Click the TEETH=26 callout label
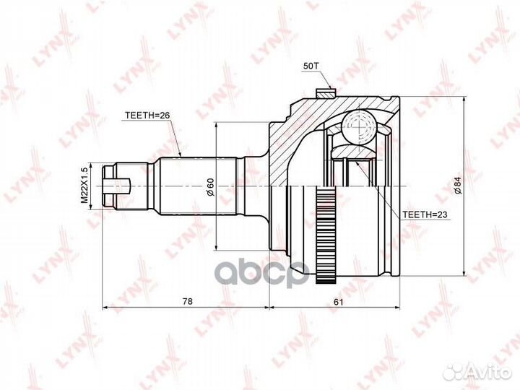(x=147, y=115)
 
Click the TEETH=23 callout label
(x=425, y=214)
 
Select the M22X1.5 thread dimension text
(x=84, y=186)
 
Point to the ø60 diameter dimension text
(x=210, y=187)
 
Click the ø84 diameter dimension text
(x=459, y=186)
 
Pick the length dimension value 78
(x=187, y=301)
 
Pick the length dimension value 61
(x=338, y=302)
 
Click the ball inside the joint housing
(x=359, y=128)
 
